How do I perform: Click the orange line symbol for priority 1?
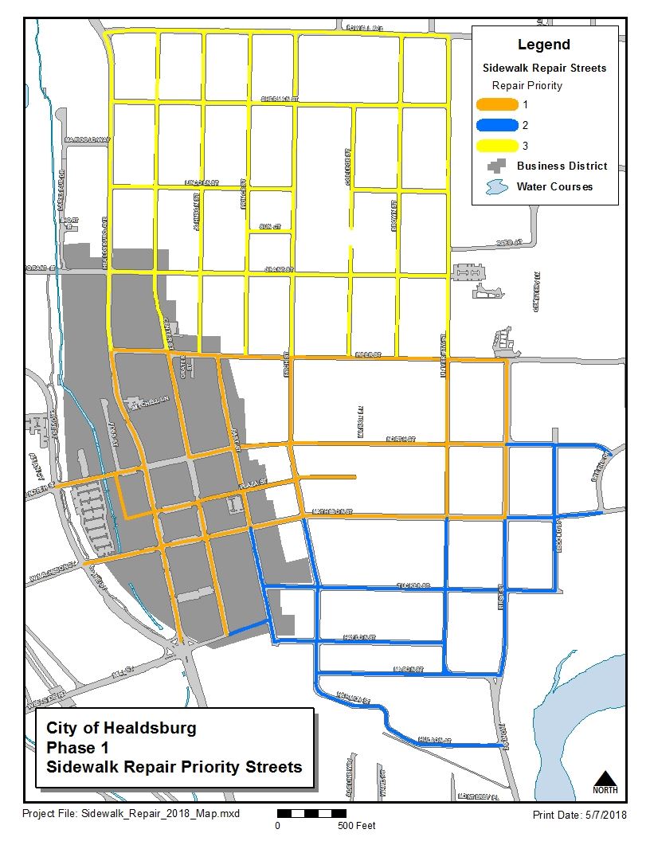(495, 104)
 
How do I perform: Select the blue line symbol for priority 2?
(495, 125)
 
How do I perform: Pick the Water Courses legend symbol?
(495, 187)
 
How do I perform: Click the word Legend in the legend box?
(544, 45)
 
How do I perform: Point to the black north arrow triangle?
(605, 777)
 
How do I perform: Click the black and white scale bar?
(307, 814)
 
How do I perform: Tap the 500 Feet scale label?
(356, 826)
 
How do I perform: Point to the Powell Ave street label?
(364, 28)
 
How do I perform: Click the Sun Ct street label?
(270, 227)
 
